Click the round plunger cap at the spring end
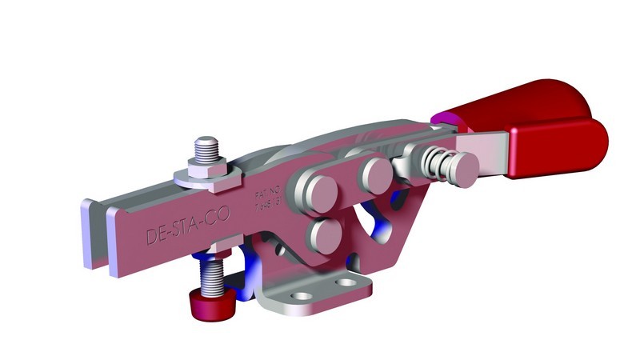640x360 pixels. [x=465, y=166]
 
